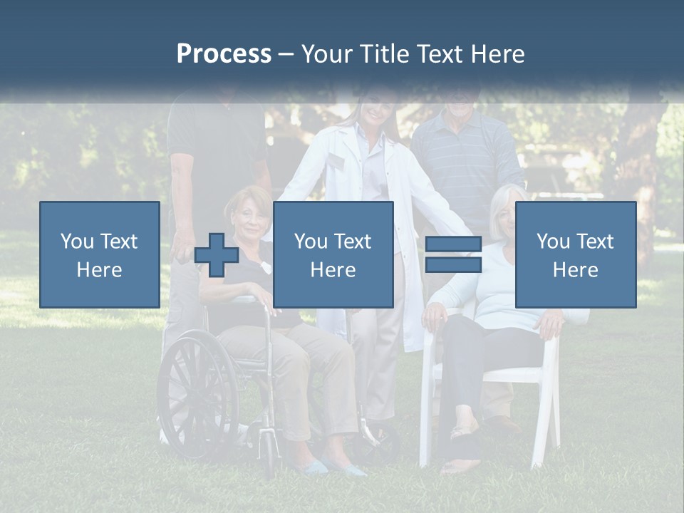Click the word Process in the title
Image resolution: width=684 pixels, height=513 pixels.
coord(224,54)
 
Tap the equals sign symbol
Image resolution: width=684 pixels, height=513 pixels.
coord(453,254)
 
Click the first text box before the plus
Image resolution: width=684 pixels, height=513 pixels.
coord(100,254)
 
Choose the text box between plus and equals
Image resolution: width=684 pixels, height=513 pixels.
coord(333,254)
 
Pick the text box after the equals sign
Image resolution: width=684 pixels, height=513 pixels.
coord(575,254)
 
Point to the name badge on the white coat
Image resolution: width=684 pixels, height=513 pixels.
coord(334,162)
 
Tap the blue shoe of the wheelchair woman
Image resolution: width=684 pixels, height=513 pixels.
coord(313,466)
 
